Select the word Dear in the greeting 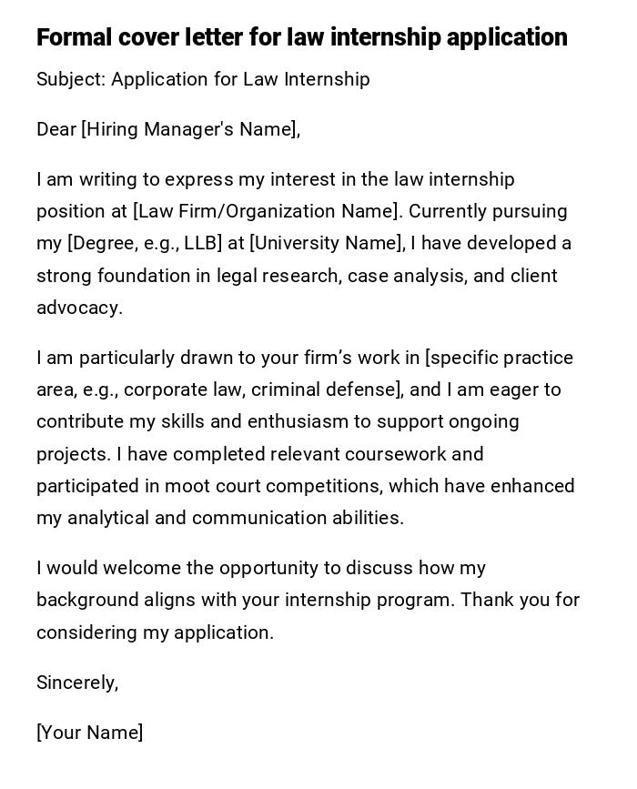56,129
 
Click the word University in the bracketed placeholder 298,244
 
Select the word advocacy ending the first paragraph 77,309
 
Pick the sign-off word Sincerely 76,683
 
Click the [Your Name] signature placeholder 89,733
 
